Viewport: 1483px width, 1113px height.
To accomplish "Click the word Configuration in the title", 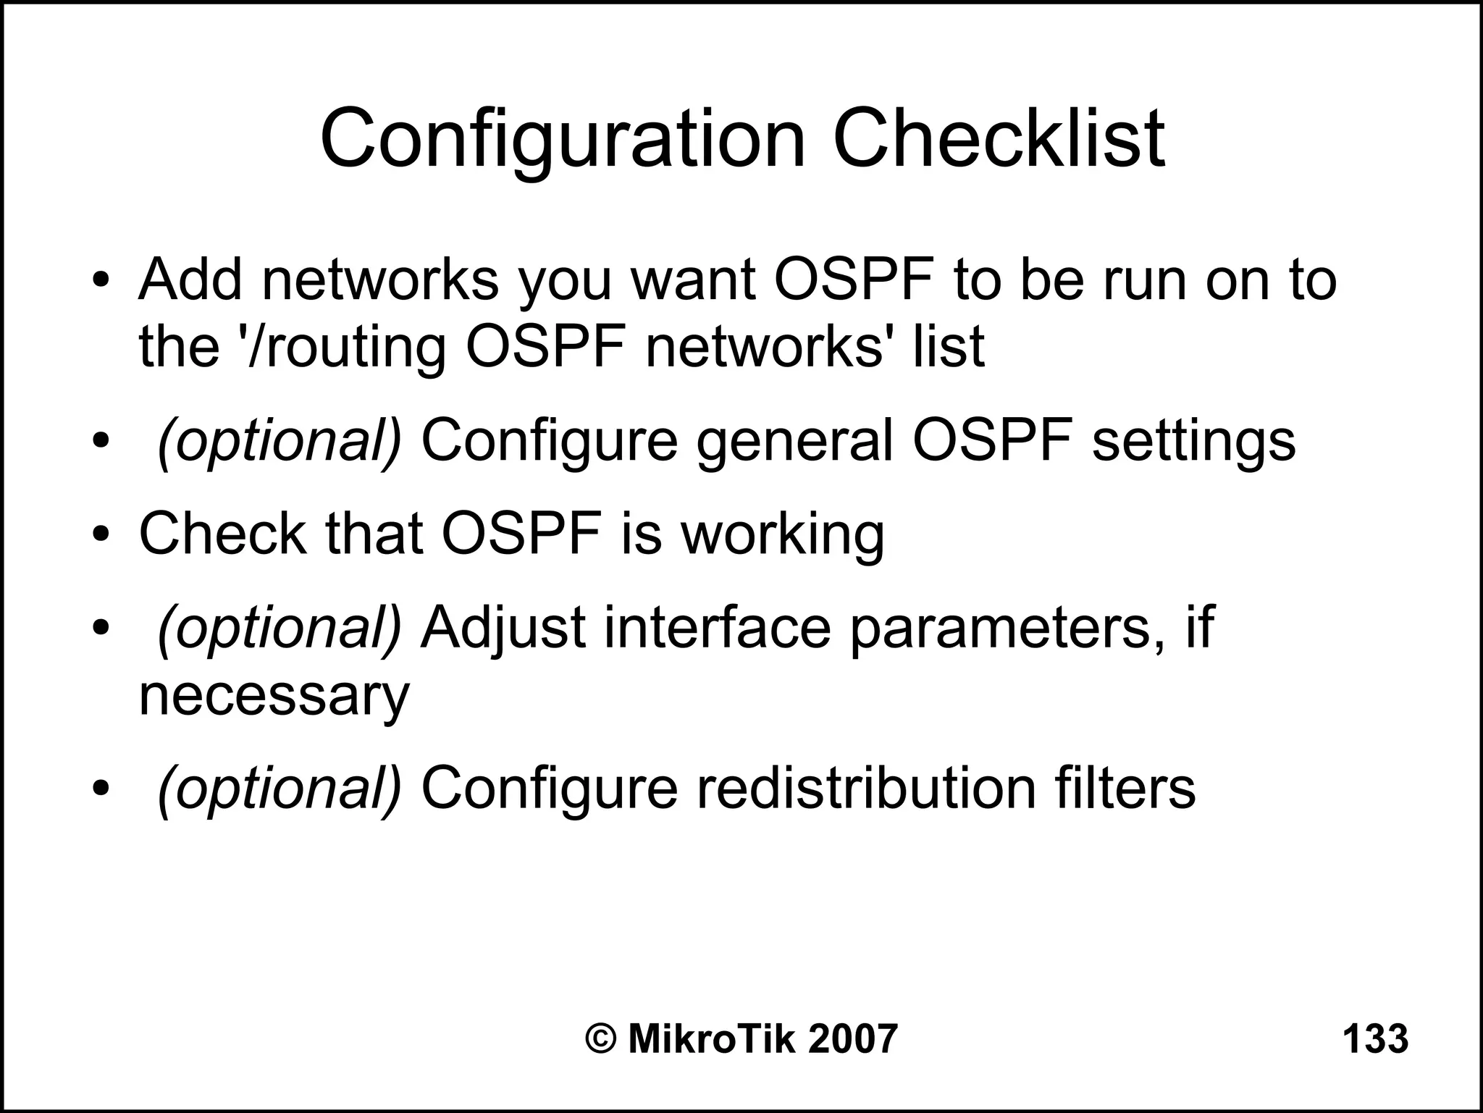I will pyautogui.click(x=563, y=139).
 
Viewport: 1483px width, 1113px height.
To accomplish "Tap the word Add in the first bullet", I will pyautogui.click(x=190, y=280).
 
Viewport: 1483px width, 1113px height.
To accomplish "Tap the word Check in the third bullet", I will pyautogui.click(x=222, y=534).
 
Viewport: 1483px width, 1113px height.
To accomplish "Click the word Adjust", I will pyautogui.click(x=503, y=628).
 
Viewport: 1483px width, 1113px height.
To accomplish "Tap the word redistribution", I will pyautogui.click(x=866, y=789).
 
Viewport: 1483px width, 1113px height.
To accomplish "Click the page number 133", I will pyautogui.click(x=1375, y=1040).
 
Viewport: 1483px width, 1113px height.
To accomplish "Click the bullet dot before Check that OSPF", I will pyautogui.click(x=101, y=534).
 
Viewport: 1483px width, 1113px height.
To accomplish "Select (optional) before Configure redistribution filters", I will pyautogui.click(x=280, y=790).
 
